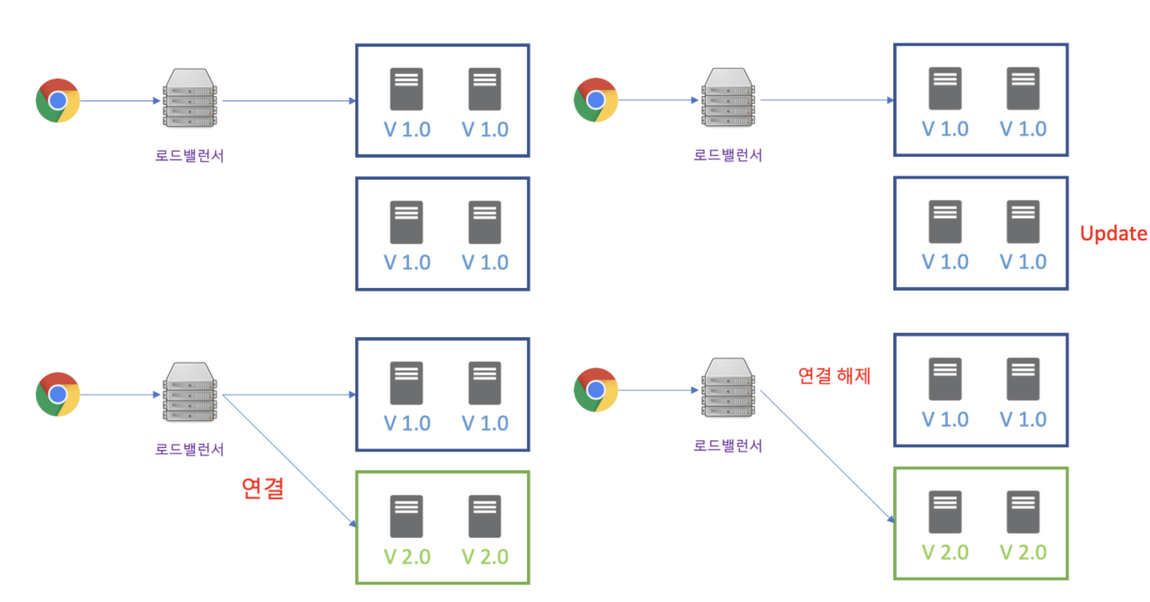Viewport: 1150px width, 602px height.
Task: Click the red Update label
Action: click(x=1113, y=234)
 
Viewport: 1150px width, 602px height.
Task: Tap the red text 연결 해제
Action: click(x=834, y=376)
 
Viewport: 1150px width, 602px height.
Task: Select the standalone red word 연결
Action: click(x=262, y=488)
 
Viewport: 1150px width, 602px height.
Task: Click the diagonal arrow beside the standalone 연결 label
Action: click(x=289, y=460)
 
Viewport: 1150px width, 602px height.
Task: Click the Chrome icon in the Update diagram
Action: click(x=595, y=100)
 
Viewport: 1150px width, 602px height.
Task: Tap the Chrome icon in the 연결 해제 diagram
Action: click(x=595, y=390)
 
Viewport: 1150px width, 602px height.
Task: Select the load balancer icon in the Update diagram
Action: click(x=728, y=98)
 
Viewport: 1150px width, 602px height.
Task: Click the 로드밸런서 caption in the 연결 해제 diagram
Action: click(x=727, y=445)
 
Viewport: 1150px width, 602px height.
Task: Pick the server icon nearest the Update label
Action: click(x=1023, y=221)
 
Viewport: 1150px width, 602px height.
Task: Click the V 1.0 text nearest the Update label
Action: click(x=1023, y=262)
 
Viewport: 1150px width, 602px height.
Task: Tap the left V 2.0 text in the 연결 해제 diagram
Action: click(x=945, y=552)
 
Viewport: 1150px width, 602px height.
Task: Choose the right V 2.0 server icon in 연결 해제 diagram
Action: click(x=1023, y=512)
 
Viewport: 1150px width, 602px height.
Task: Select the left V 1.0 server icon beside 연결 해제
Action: click(x=945, y=379)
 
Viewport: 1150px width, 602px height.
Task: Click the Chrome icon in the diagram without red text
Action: click(x=58, y=101)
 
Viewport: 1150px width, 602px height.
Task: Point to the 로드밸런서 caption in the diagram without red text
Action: click(x=189, y=156)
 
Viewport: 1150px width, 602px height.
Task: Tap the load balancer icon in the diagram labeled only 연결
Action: click(x=190, y=392)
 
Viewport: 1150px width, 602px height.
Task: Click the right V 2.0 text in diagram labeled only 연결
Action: click(x=485, y=557)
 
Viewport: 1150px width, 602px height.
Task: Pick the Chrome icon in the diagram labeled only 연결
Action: click(x=58, y=394)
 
